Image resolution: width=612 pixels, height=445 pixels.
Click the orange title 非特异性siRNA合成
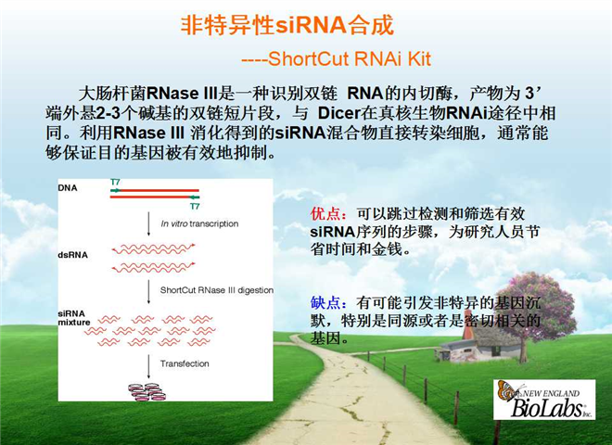tap(287, 26)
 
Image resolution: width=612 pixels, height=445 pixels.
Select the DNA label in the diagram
tap(68, 188)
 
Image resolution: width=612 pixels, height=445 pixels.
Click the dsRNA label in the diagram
tap(72, 255)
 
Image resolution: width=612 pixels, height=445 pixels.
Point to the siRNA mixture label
tap(74, 318)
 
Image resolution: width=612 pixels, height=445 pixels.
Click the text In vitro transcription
tap(199, 223)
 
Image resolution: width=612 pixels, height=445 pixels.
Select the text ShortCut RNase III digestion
tap(217, 290)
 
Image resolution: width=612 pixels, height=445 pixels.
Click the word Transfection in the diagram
tap(185, 363)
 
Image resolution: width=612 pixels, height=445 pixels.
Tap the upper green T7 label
tap(115, 183)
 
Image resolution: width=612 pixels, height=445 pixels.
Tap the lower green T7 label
tap(195, 206)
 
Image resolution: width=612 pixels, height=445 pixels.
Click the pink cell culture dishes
tap(147, 392)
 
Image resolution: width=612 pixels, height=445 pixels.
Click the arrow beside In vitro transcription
tap(148, 224)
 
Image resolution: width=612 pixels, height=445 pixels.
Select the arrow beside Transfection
tap(148, 366)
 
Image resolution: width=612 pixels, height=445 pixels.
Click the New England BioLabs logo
tap(544, 400)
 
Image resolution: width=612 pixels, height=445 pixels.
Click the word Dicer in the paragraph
tap(338, 113)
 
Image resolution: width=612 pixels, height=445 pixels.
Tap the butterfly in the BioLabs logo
tap(508, 390)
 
